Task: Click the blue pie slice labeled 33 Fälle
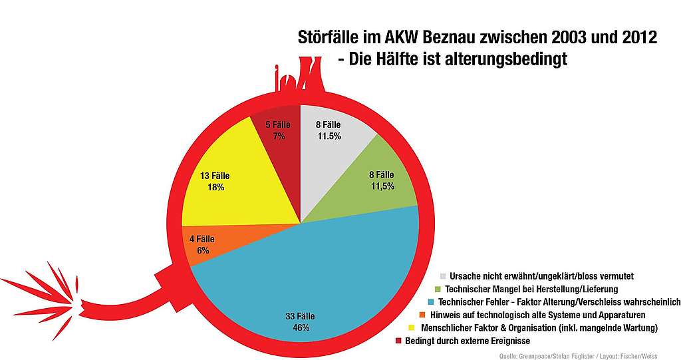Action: (313, 279)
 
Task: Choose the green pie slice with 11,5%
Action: (372, 186)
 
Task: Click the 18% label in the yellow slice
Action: (215, 188)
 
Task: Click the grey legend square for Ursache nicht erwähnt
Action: (443, 276)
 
